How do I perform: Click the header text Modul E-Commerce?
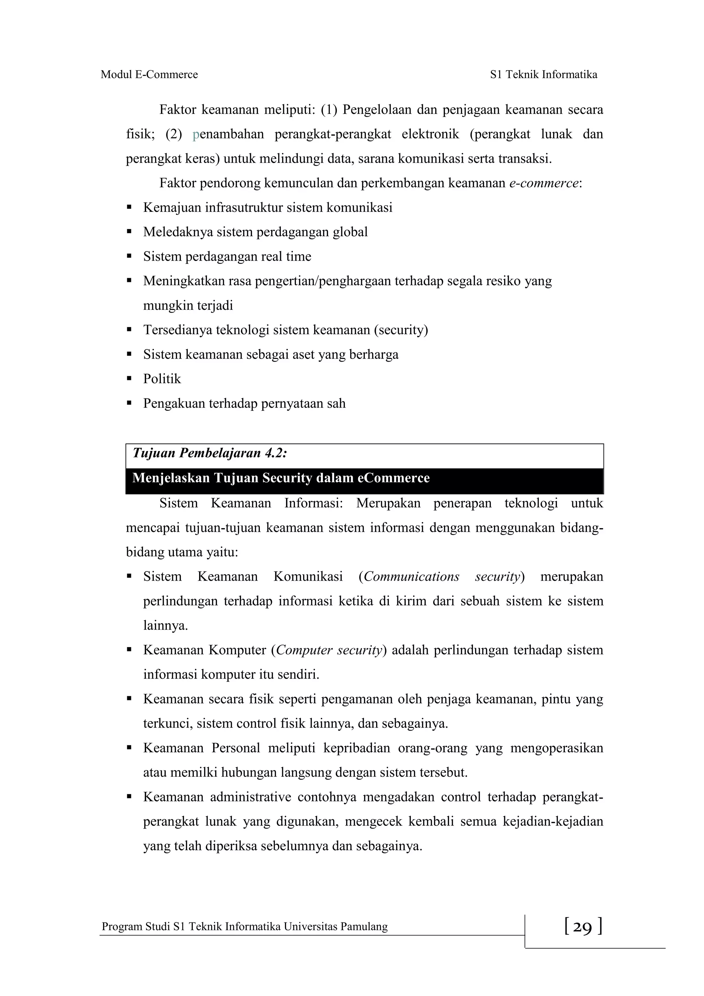(x=149, y=75)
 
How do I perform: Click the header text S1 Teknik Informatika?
(x=543, y=75)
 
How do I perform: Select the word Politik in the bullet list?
(x=162, y=379)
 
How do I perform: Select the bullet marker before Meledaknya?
(x=129, y=232)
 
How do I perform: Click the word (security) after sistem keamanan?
(x=401, y=330)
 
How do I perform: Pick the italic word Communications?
(x=412, y=577)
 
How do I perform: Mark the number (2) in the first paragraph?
(x=174, y=134)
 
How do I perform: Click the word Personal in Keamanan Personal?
(x=235, y=748)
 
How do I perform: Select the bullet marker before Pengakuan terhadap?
(x=129, y=403)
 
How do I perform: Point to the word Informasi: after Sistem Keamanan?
(x=313, y=503)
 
